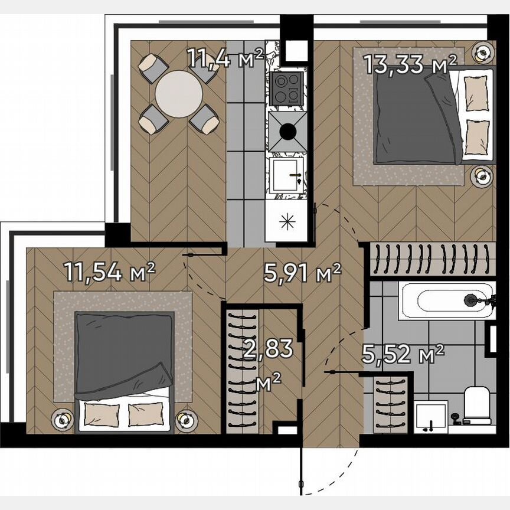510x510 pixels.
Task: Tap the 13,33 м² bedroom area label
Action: (x=410, y=64)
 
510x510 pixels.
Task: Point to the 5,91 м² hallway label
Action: (x=302, y=273)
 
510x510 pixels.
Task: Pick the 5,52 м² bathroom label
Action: (x=403, y=355)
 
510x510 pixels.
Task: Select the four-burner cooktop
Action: (x=286, y=89)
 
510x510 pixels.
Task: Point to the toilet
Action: (x=477, y=405)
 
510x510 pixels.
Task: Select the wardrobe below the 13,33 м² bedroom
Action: (x=429, y=258)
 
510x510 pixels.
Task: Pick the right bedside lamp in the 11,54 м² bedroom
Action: (x=185, y=420)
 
